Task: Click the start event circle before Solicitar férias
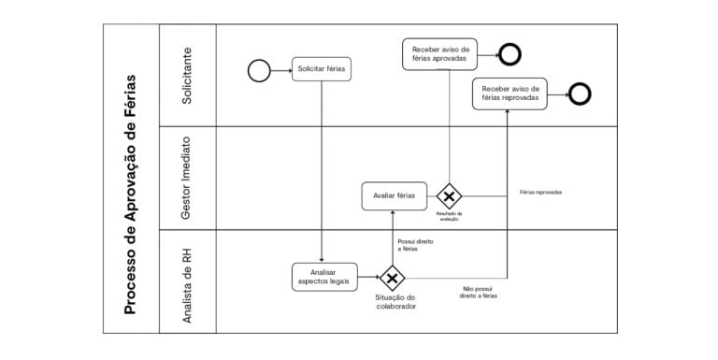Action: pyautogui.click(x=259, y=69)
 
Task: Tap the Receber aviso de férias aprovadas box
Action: pyautogui.click(x=439, y=53)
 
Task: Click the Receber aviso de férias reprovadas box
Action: pyautogui.click(x=510, y=94)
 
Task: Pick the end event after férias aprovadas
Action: pyautogui.click(x=510, y=53)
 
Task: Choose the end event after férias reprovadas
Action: pyautogui.click(x=581, y=94)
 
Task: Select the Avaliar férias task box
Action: pyautogui.click(x=395, y=196)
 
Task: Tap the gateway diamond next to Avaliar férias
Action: pyautogui.click(x=450, y=196)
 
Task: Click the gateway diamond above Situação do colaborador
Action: pyautogui.click(x=391, y=277)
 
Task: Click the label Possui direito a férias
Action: pyautogui.click(x=415, y=245)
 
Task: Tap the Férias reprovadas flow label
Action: pyautogui.click(x=540, y=193)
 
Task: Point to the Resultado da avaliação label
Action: pyautogui.click(x=450, y=217)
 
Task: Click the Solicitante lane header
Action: pyautogui.click(x=188, y=75)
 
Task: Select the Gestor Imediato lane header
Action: pyautogui.click(x=188, y=178)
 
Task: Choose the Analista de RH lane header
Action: pyautogui.click(x=188, y=281)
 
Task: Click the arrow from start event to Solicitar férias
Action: pyautogui.click(x=280, y=69)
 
